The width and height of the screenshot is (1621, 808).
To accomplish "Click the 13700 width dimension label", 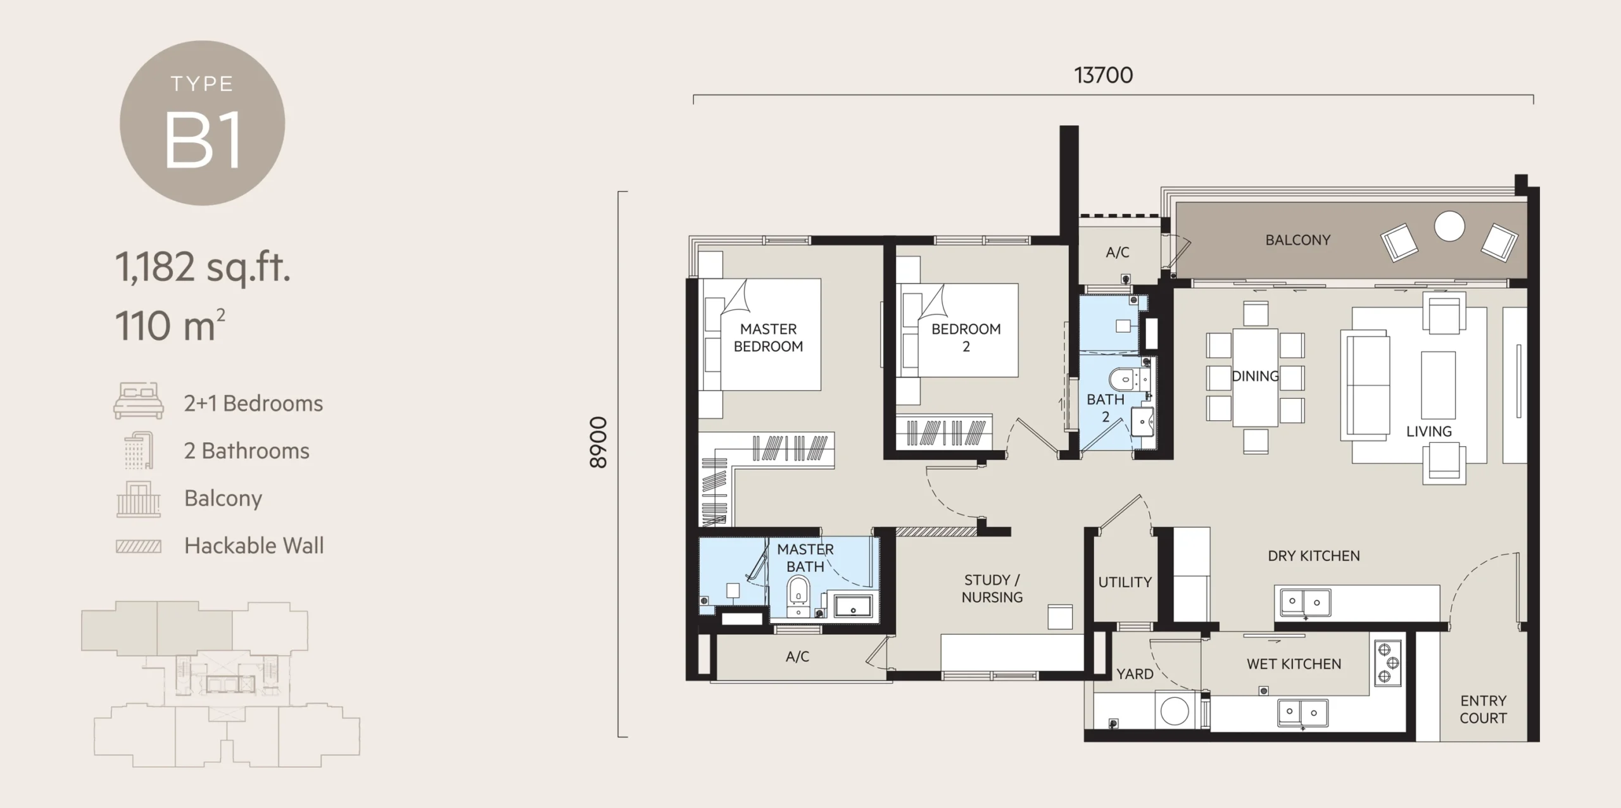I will (x=1103, y=75).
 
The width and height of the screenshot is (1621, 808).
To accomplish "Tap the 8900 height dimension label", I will (x=598, y=442).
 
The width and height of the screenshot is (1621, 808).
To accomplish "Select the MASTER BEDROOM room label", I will (x=768, y=337).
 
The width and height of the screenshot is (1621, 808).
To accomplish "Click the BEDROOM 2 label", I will (x=966, y=337).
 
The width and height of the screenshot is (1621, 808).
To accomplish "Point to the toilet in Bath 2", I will (x=1123, y=380).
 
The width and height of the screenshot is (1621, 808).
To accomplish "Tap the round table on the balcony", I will (x=1449, y=226).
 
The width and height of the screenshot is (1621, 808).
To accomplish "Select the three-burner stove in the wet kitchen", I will (x=1387, y=663).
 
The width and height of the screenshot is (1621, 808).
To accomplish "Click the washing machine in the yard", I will (x=1175, y=711).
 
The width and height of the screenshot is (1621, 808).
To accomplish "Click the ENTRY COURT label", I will (x=1483, y=709).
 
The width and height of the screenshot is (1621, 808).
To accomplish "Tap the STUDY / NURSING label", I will (x=992, y=588).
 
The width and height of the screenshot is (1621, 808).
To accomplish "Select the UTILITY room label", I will (x=1125, y=582).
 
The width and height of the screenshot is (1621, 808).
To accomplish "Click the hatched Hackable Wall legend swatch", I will (x=139, y=546).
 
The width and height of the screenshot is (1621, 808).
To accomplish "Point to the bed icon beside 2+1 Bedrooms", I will (x=139, y=401).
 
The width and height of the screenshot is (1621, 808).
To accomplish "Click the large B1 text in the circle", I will (x=203, y=140).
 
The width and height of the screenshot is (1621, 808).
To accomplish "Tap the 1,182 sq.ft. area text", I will (x=203, y=267).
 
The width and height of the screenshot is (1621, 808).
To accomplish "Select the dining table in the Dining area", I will (x=1254, y=377).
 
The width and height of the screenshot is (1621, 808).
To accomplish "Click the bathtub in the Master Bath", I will (x=853, y=606).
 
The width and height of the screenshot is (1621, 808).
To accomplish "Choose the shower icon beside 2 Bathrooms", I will (x=139, y=451).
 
